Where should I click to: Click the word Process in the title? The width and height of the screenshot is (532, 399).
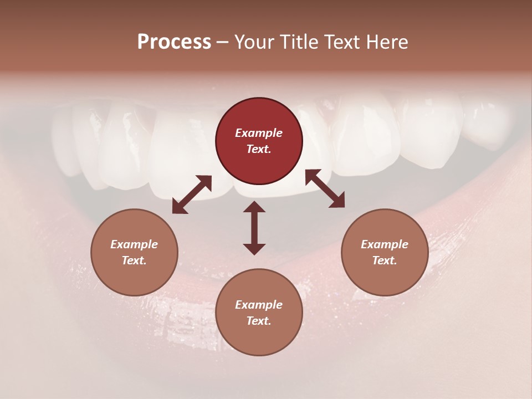click(174, 42)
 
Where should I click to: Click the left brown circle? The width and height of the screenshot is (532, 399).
click(134, 252)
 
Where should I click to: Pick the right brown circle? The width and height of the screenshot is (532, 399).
click(385, 252)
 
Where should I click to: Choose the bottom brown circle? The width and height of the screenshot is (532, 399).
click(259, 312)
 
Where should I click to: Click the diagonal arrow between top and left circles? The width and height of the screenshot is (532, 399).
click(192, 195)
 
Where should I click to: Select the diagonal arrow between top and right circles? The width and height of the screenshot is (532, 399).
click(325, 188)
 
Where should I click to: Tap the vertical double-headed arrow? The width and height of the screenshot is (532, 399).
click(254, 228)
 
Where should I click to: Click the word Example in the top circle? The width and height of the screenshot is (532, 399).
click(259, 133)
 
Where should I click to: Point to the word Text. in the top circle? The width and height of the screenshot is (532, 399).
click(259, 149)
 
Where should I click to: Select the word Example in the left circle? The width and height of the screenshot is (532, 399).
click(134, 244)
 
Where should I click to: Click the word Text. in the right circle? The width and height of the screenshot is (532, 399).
click(385, 260)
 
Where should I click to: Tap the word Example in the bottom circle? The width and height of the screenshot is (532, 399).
click(259, 305)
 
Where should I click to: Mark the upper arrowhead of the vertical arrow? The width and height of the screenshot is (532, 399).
click(254, 207)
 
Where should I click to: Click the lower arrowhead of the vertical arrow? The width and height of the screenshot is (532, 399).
click(254, 249)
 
